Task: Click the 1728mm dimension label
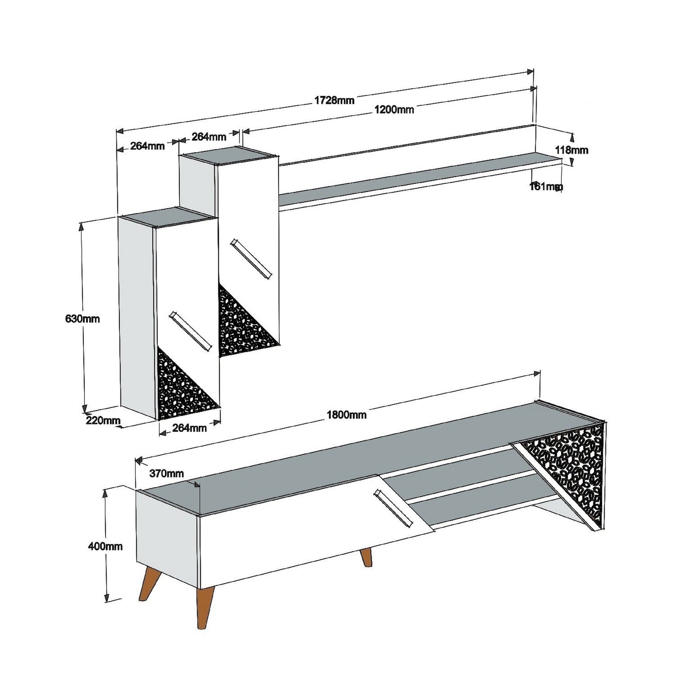click(x=334, y=100)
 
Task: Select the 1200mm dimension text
click(x=394, y=110)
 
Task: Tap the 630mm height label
click(x=82, y=319)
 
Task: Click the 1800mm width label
click(x=346, y=415)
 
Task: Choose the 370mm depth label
click(x=166, y=473)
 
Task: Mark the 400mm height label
click(x=105, y=546)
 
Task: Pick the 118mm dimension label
click(x=571, y=150)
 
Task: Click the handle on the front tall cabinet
click(x=190, y=331)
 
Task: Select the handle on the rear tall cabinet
click(x=251, y=259)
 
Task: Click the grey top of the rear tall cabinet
click(x=229, y=156)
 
